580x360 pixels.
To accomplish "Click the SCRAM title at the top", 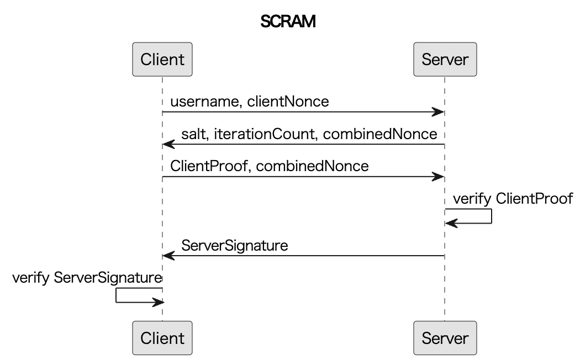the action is (x=288, y=22).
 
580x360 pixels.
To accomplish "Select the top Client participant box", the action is (x=162, y=59).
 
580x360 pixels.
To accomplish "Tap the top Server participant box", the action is (x=445, y=59).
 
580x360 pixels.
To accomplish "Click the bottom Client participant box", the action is (x=162, y=338).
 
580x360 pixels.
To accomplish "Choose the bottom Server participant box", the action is (x=445, y=338).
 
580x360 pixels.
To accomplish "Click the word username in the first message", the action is (x=204, y=102).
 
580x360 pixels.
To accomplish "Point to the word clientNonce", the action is (x=288, y=102).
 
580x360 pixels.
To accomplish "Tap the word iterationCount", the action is (x=266, y=134).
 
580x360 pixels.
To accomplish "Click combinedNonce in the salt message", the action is (x=380, y=134).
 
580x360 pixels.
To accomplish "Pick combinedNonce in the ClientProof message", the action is (x=312, y=166).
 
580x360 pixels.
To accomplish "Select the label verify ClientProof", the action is (x=513, y=199).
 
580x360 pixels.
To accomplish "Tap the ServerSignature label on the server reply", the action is (x=235, y=245).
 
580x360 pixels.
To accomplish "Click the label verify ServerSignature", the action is (x=87, y=278).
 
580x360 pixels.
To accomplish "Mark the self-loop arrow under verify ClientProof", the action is (x=492, y=216).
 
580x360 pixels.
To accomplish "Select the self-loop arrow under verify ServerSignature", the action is (x=116, y=295).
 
